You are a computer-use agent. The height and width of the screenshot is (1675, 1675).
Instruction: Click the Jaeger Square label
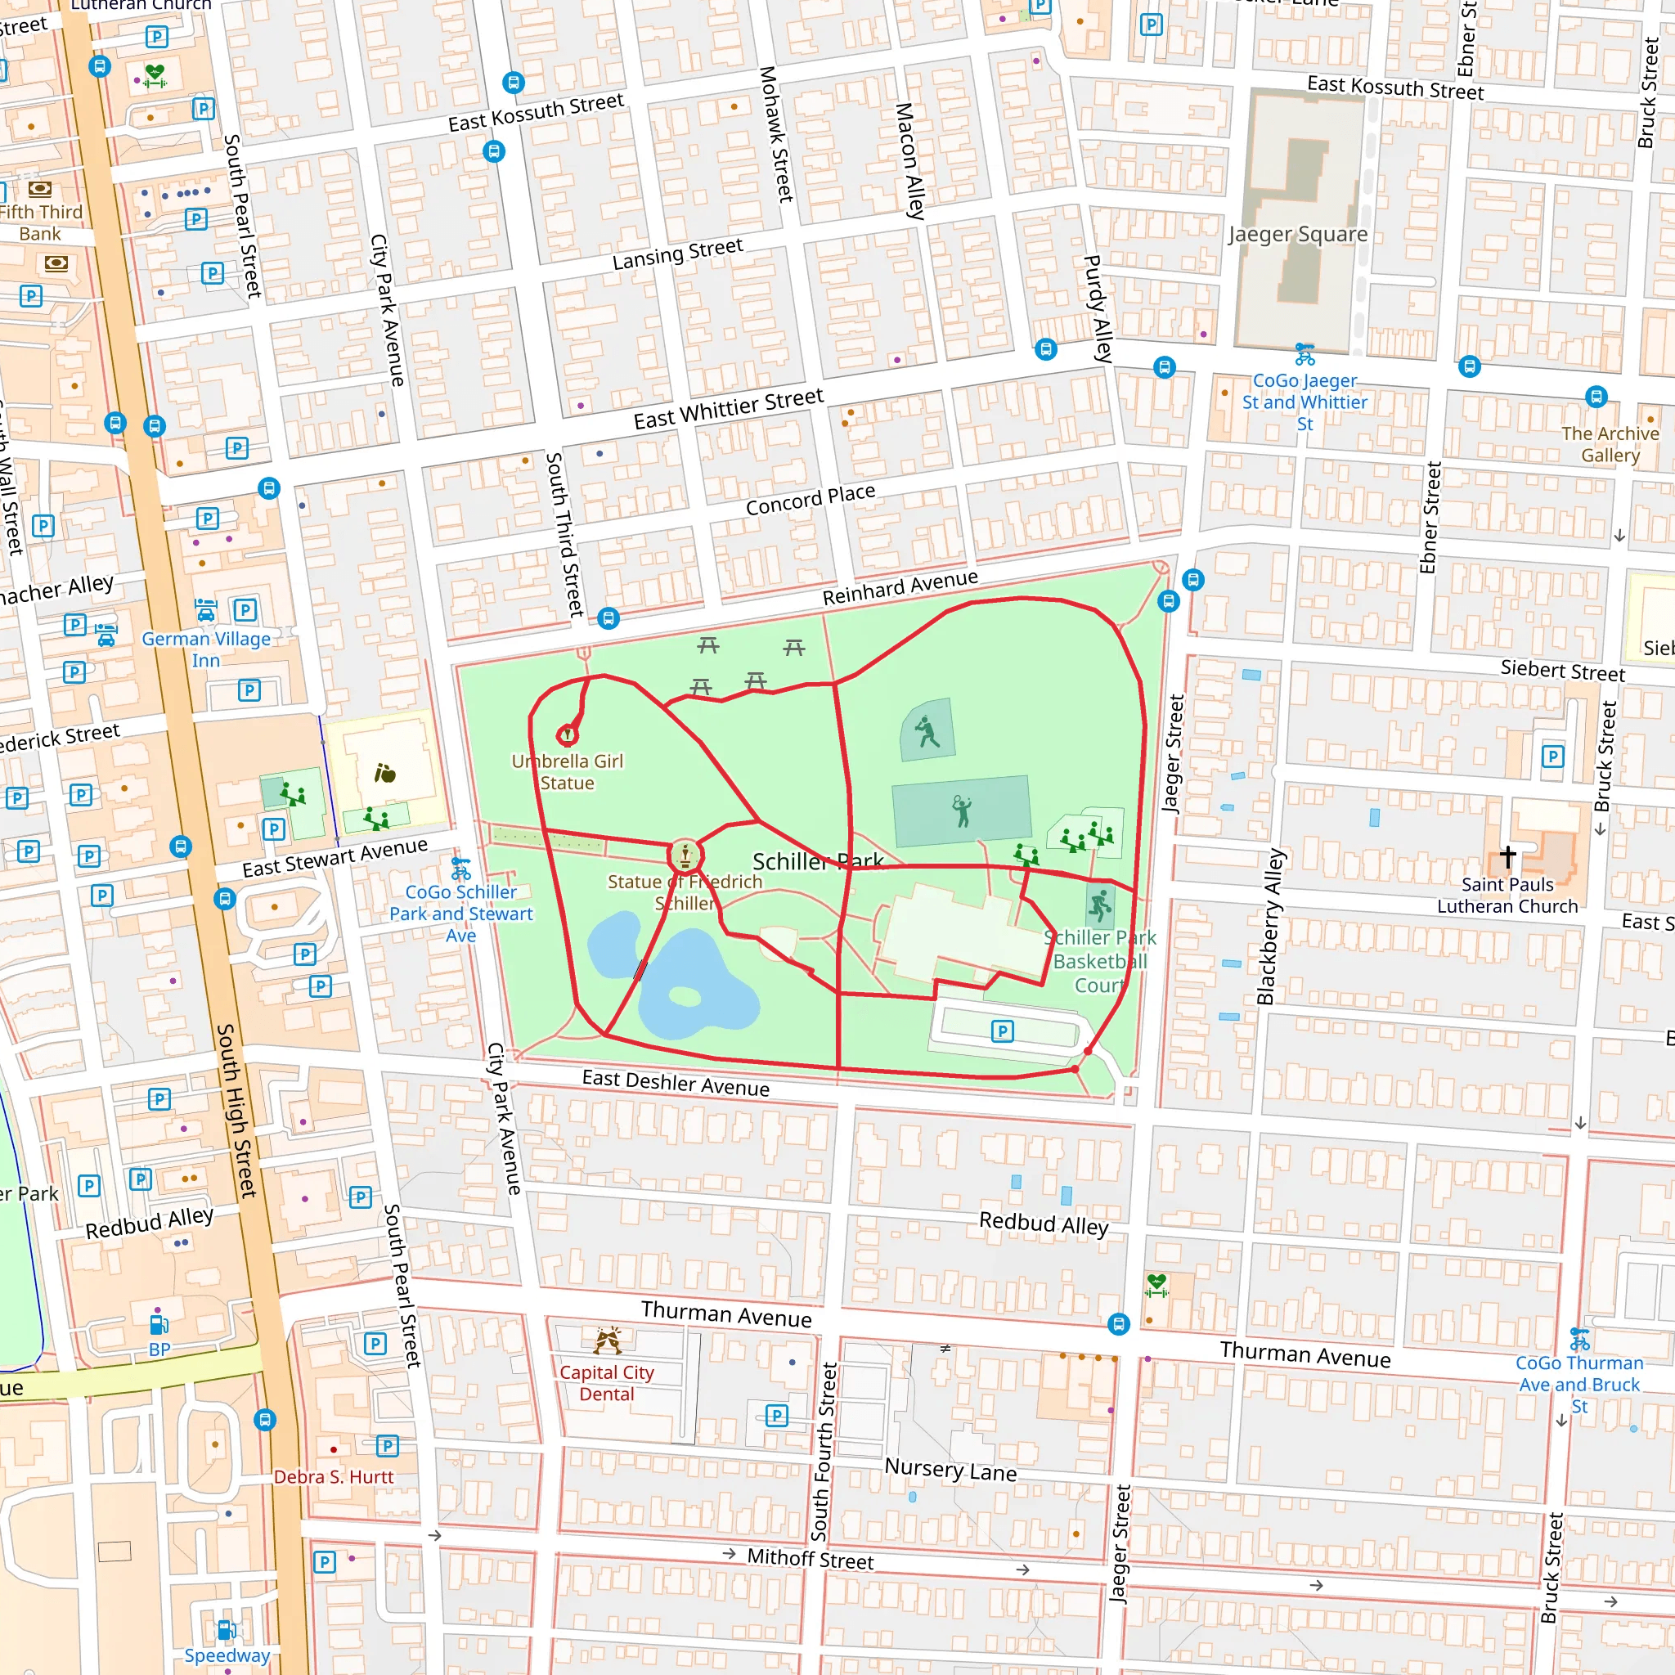(x=1297, y=234)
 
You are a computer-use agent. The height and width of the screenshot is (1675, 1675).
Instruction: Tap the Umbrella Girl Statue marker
(x=567, y=735)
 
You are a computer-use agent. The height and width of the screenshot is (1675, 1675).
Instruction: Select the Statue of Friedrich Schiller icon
(x=685, y=855)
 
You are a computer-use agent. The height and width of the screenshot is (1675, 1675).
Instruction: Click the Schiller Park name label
(x=817, y=861)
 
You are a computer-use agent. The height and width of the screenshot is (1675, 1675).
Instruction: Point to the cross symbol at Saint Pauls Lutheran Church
(x=1507, y=856)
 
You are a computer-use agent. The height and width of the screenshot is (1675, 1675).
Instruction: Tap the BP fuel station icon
(x=159, y=1325)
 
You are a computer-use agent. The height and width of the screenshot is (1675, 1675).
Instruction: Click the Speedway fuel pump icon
(x=227, y=1630)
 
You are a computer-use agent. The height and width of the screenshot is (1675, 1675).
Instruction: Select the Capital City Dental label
(x=607, y=1383)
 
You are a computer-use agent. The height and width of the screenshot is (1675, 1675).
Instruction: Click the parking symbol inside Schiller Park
(x=1002, y=1031)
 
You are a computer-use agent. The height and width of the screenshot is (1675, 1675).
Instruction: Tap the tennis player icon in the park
(x=962, y=811)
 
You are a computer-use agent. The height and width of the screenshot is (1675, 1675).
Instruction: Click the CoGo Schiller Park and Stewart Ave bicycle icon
(x=461, y=868)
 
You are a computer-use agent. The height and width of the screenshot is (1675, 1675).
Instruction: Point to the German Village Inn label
(x=205, y=649)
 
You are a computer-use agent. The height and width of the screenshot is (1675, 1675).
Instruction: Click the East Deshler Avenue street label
(x=676, y=1083)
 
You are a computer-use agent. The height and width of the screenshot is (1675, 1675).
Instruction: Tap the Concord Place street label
(x=810, y=500)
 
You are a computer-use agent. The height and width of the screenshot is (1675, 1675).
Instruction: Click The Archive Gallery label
(x=1610, y=444)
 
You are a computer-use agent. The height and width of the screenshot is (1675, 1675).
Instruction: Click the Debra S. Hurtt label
(x=334, y=1476)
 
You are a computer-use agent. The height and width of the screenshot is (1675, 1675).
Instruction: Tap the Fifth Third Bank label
(x=40, y=222)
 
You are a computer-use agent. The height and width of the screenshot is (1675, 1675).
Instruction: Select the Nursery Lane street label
(x=950, y=1470)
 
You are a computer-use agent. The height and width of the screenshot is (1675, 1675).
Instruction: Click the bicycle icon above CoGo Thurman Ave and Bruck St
(x=1579, y=1340)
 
